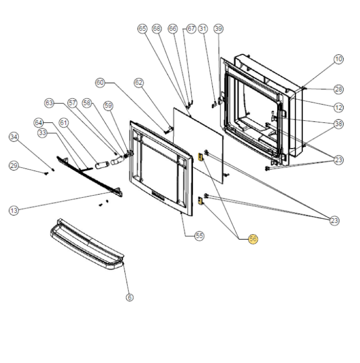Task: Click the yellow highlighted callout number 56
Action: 253,239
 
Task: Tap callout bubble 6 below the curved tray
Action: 130,297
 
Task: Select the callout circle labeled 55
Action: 199,236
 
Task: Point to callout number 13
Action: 14,210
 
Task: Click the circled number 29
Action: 14,166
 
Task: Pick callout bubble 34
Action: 14,137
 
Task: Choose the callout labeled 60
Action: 100,83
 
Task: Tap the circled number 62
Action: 138,82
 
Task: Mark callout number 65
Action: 142,29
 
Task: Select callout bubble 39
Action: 219,29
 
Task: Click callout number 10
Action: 339,59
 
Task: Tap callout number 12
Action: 339,107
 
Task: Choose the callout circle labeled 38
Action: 339,124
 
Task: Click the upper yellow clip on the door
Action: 200,157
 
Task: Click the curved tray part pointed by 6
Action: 86,246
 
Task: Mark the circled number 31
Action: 203,29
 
